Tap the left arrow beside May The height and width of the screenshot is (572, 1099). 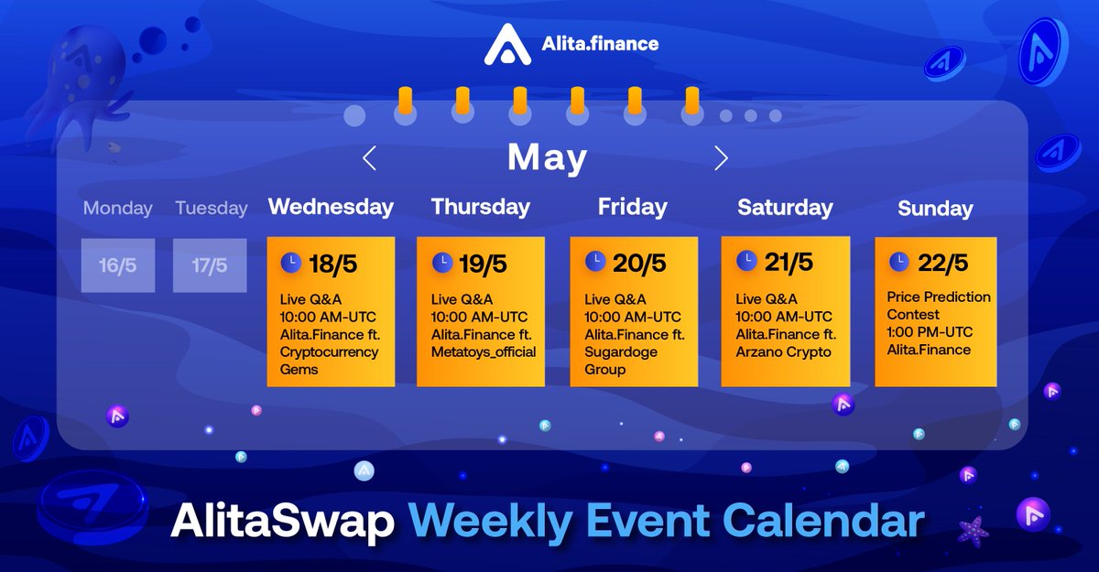pos(369,158)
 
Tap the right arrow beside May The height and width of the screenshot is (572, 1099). pos(721,158)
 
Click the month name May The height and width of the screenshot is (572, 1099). pos(547,158)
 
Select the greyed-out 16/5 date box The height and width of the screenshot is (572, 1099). pos(118,265)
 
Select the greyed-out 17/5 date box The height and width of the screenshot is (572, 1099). pos(210,265)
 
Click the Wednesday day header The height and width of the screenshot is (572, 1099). pos(331,207)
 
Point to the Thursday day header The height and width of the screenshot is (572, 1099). pos(481,207)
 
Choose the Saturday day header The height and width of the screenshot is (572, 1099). pos(785,208)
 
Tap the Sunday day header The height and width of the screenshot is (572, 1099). pos(935,209)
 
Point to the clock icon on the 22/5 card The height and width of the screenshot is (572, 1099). pos(898,262)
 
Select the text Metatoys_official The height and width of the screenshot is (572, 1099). pos(484,352)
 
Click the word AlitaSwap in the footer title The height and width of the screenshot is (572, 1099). pos(282,522)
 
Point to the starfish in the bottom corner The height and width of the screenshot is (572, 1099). pos(973,532)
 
